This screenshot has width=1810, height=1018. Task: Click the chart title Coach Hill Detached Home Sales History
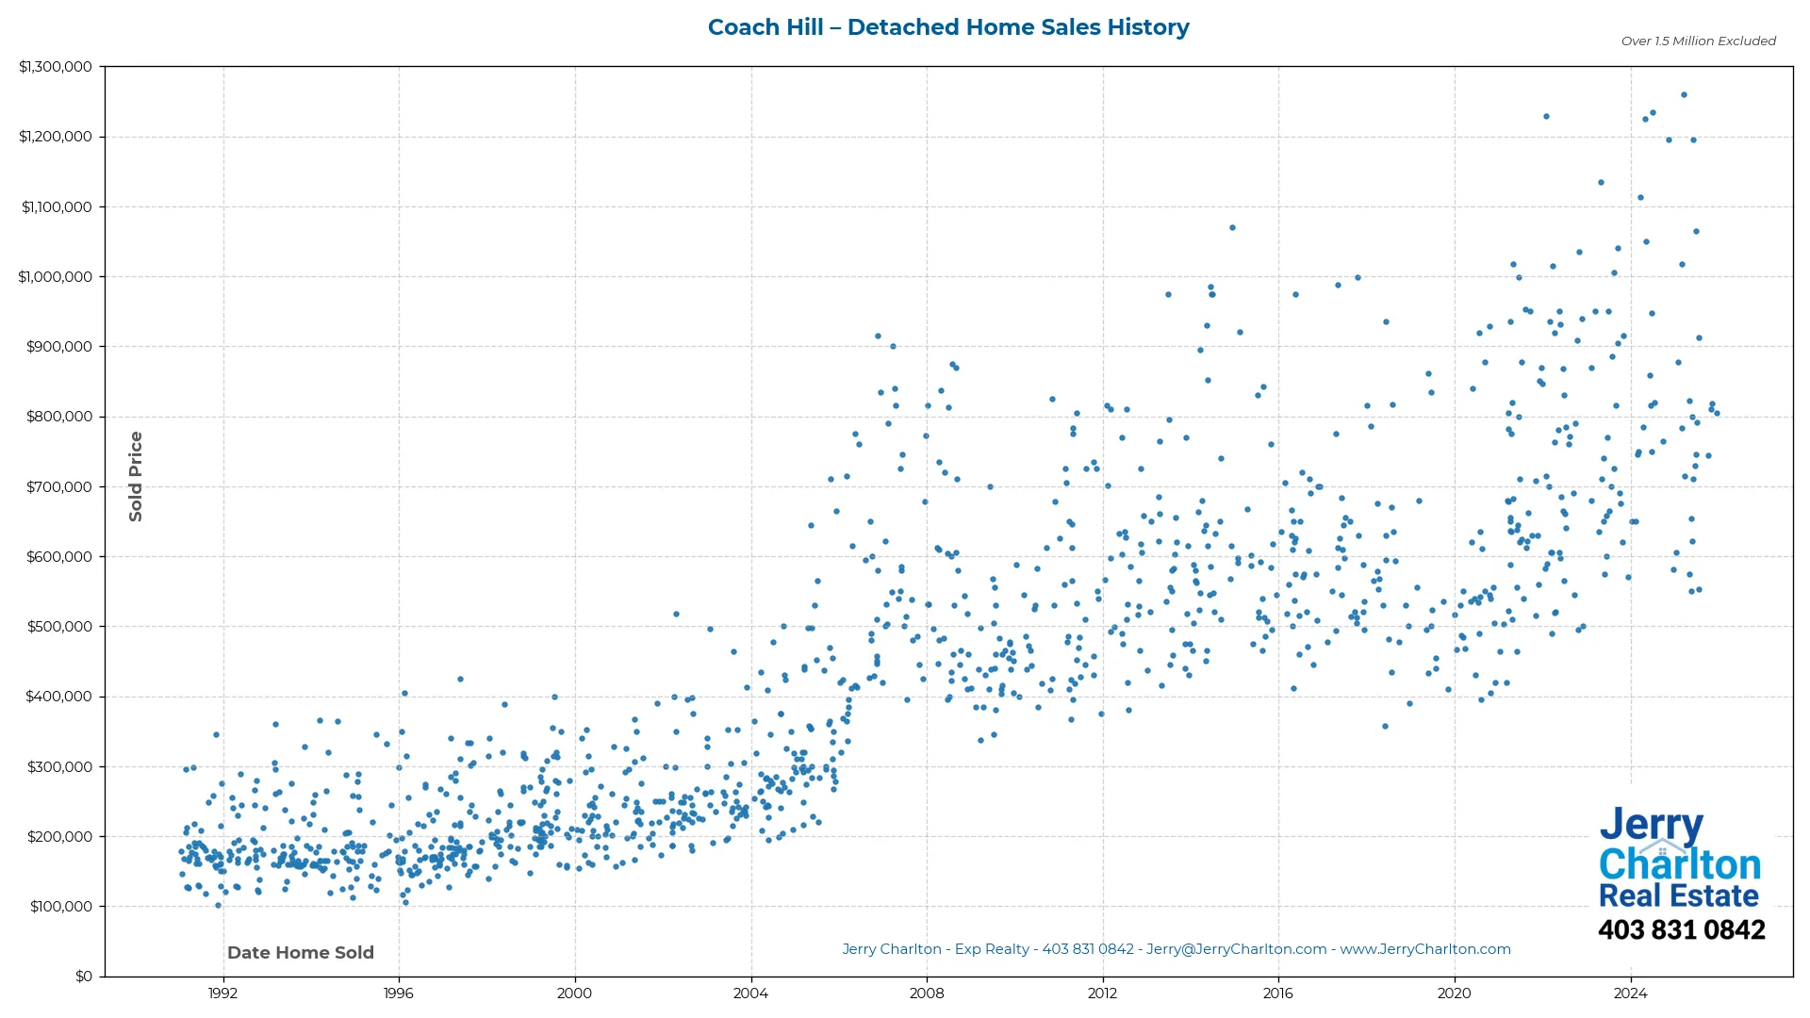948,27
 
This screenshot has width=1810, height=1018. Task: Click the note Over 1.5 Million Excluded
1698,41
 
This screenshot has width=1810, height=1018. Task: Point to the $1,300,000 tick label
56,67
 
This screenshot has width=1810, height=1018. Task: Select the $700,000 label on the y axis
59,487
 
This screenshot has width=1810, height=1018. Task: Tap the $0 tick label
84,977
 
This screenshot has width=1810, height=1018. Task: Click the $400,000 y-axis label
59,697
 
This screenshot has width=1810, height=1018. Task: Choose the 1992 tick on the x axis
222,993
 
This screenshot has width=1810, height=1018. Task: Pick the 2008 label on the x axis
927,993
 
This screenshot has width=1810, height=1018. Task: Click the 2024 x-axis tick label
1630,993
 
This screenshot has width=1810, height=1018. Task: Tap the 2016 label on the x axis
1278,993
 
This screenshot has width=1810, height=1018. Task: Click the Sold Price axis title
136,476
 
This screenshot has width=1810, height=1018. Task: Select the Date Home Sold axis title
301,953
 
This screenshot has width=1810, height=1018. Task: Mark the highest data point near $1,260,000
1684,95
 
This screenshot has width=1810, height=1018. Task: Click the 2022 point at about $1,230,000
1546,117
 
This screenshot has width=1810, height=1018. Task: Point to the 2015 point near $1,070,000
1232,228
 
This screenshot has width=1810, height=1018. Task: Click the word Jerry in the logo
1651,826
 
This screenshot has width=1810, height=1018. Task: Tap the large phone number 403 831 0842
1681,930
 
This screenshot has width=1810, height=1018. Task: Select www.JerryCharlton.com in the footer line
1425,949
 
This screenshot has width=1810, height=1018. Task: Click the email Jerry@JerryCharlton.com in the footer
1236,949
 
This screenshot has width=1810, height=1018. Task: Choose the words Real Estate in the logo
1678,895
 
